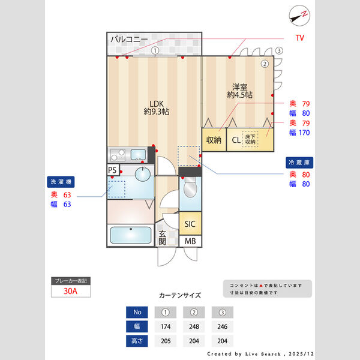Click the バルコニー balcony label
(128, 40)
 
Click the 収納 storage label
(214, 140)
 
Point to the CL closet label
(236, 141)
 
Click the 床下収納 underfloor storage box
(250, 139)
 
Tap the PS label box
(112, 170)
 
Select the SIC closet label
(190, 224)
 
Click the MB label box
(190, 241)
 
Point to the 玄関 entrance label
(162, 238)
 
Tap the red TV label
(299, 38)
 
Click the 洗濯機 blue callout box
(61, 181)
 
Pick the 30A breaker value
(70, 292)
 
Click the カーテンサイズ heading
(179, 295)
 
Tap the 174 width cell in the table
(166, 327)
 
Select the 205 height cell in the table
(166, 341)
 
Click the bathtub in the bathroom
(130, 235)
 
